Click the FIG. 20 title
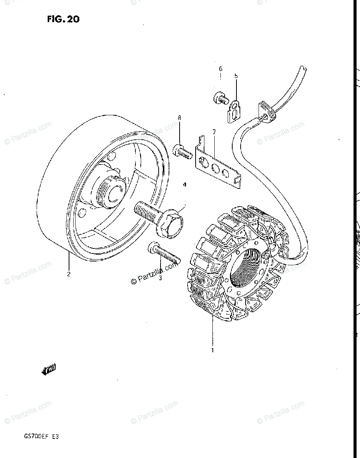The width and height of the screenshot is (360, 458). click(63, 19)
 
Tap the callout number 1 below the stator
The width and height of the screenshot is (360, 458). click(213, 350)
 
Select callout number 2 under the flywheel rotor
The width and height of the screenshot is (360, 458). click(69, 273)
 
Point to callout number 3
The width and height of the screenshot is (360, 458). click(160, 278)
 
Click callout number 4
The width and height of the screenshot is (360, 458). click(184, 185)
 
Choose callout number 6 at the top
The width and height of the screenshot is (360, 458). click(220, 69)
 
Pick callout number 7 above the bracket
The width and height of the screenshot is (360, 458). click(214, 132)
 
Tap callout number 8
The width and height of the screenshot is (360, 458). click(179, 118)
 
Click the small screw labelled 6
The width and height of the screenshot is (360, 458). click(220, 99)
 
